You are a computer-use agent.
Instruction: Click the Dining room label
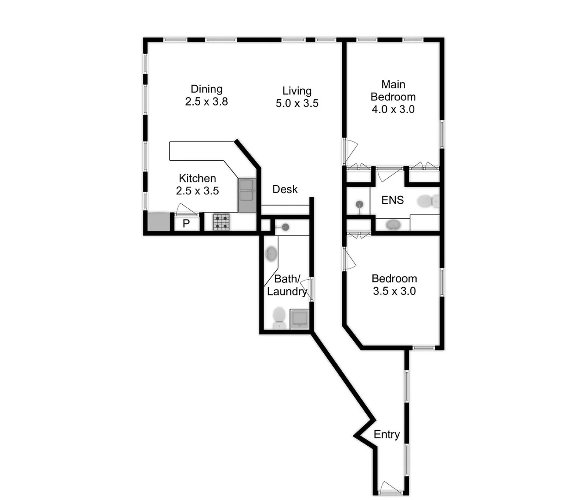(x=206, y=95)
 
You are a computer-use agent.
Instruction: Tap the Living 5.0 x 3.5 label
(x=297, y=97)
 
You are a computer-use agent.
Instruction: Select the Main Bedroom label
(x=393, y=97)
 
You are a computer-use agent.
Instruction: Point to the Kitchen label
(x=197, y=184)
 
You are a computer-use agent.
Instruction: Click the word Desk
(x=285, y=189)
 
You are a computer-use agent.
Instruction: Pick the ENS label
(x=392, y=200)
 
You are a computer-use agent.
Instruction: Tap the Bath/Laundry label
(x=287, y=285)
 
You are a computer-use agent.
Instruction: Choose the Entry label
(x=386, y=434)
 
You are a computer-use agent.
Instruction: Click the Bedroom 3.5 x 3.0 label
(x=394, y=285)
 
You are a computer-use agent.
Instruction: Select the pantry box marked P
(x=186, y=224)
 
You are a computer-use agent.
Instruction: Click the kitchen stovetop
(x=221, y=222)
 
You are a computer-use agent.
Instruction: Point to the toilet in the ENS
(x=428, y=201)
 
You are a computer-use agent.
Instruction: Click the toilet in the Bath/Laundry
(x=279, y=318)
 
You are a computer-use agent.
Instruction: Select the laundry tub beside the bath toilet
(x=299, y=319)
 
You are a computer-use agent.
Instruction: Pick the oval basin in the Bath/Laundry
(x=271, y=254)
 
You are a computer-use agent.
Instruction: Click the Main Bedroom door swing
(x=351, y=150)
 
